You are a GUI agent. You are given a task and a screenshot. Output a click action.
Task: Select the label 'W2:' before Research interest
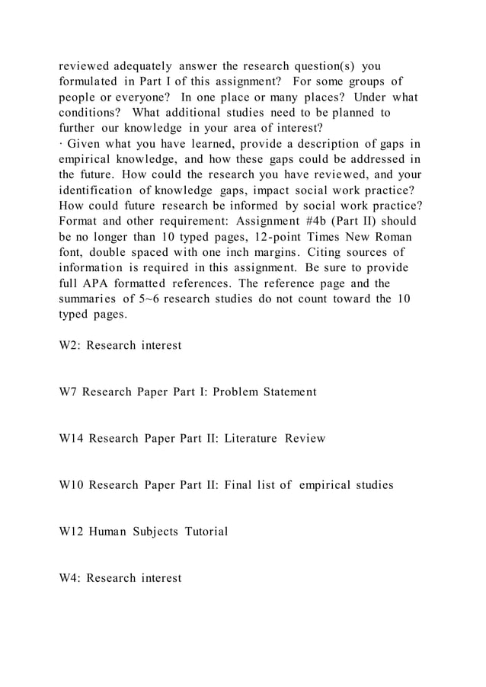tap(71, 345)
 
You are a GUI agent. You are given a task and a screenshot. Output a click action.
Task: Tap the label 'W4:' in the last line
tap(71, 578)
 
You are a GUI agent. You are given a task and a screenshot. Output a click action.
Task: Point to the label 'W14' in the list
tap(72, 438)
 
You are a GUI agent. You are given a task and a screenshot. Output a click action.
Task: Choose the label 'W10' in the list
tap(72, 484)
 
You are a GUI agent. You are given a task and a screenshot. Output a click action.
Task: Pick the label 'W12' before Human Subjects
tap(72, 531)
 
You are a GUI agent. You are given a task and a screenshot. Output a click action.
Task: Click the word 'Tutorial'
tap(204, 531)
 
